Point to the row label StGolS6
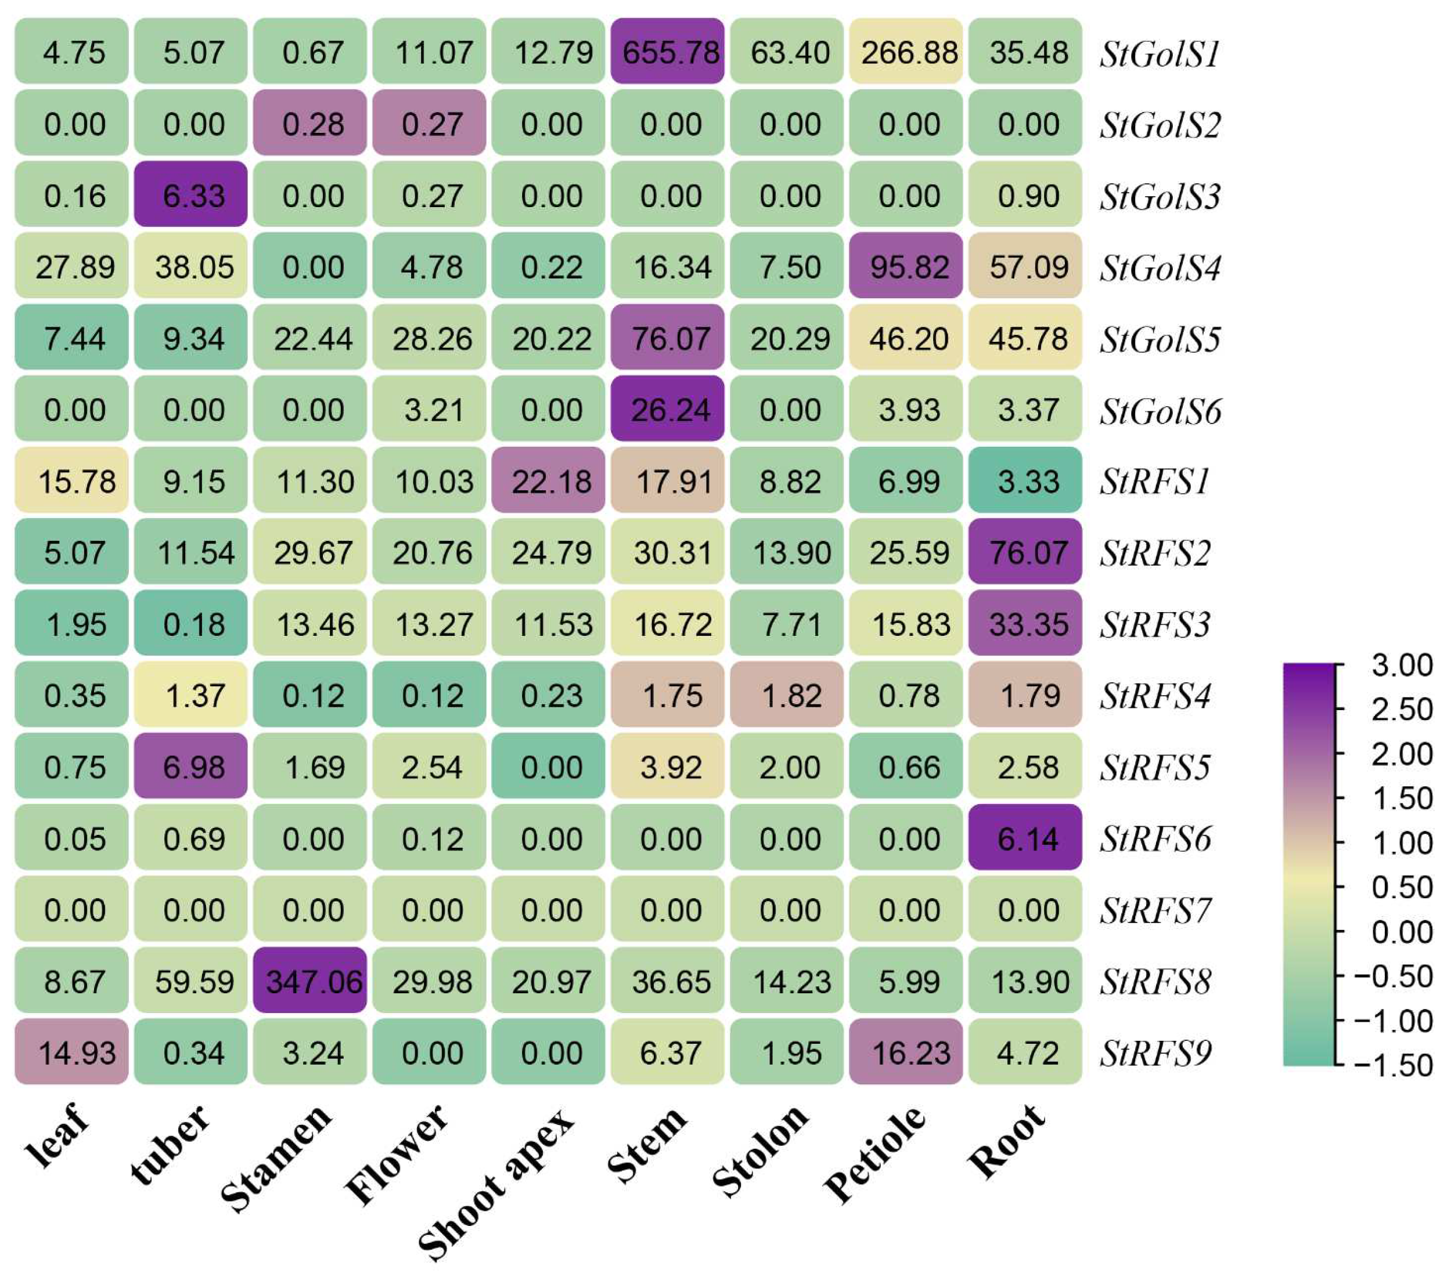1160,411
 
